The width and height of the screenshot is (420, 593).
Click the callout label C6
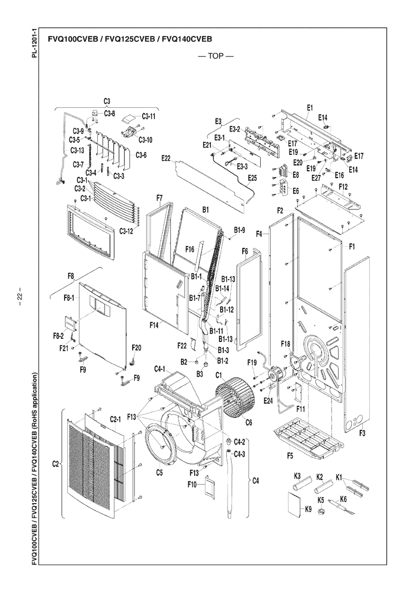pos(248,422)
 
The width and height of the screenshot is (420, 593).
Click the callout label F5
pos(289,455)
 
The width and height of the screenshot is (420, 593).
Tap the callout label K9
pos(308,511)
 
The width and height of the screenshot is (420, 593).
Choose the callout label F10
pos(192,484)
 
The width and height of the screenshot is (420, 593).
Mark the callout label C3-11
pos(149,116)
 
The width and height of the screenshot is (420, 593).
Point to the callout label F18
pos(286,344)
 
